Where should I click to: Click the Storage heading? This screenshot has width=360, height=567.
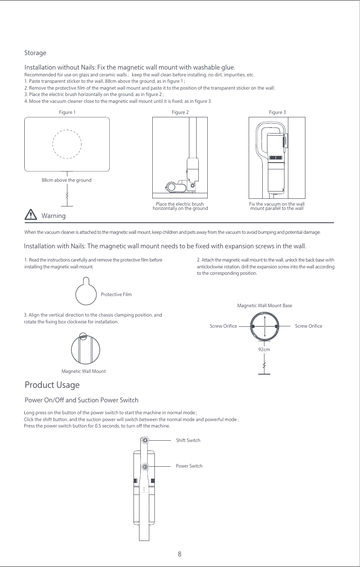pos(35,53)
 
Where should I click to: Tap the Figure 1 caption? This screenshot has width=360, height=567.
pos(67,112)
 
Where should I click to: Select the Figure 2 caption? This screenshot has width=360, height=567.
pos(180,112)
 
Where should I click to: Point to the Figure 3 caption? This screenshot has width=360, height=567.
pos(277,112)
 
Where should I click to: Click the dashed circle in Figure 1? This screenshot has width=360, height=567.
pos(67,144)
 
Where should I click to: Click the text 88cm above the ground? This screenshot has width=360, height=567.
pos(67,180)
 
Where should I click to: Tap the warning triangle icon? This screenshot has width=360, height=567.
pos(31,215)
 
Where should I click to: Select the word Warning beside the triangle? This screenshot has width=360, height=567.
pos(54,216)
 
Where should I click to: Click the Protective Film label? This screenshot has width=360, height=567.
pos(116,294)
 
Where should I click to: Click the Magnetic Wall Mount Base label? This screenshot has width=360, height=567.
pos(264,305)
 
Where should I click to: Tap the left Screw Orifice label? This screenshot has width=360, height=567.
pos(223,326)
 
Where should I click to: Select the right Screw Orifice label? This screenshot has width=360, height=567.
pos(308,326)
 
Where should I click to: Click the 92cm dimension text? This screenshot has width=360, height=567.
pos(264,349)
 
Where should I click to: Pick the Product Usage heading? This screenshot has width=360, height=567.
pos(52,385)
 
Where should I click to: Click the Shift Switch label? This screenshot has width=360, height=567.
pos(188,440)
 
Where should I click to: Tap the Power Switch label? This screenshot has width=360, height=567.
pos(189,466)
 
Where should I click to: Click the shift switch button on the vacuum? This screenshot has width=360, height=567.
pos(145,440)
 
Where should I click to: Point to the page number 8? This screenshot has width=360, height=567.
pos(180,554)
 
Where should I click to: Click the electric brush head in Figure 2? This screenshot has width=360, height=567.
pos(176,186)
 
